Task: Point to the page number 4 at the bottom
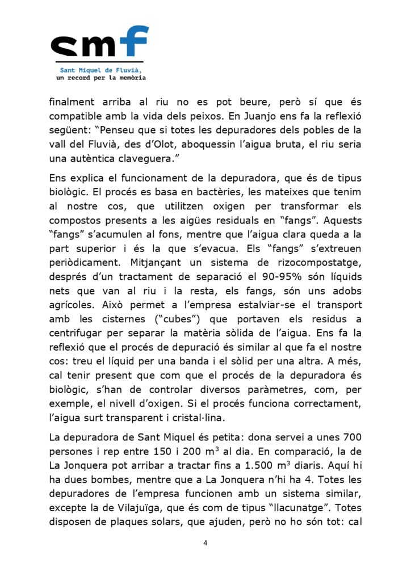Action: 205,543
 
